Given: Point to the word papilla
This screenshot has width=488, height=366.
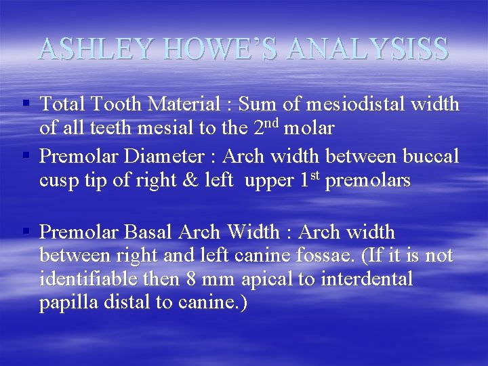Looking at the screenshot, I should [68, 303].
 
